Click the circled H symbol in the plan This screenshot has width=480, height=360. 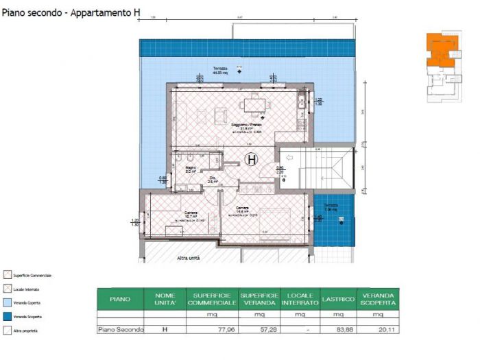tap(252, 160)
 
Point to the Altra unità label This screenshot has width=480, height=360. tap(189, 258)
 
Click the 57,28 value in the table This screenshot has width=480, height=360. tap(260, 329)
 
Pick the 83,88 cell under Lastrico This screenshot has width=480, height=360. tap(339, 329)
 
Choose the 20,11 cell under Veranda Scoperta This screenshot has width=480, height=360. tap(378, 329)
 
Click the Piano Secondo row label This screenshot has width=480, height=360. tap(121, 329)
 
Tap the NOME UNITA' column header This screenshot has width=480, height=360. tap(165, 299)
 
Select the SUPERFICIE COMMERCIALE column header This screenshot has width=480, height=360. tap(212, 299)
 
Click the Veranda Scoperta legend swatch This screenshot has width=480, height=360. tap(7, 316)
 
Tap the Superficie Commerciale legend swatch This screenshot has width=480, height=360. tap(7, 275)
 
